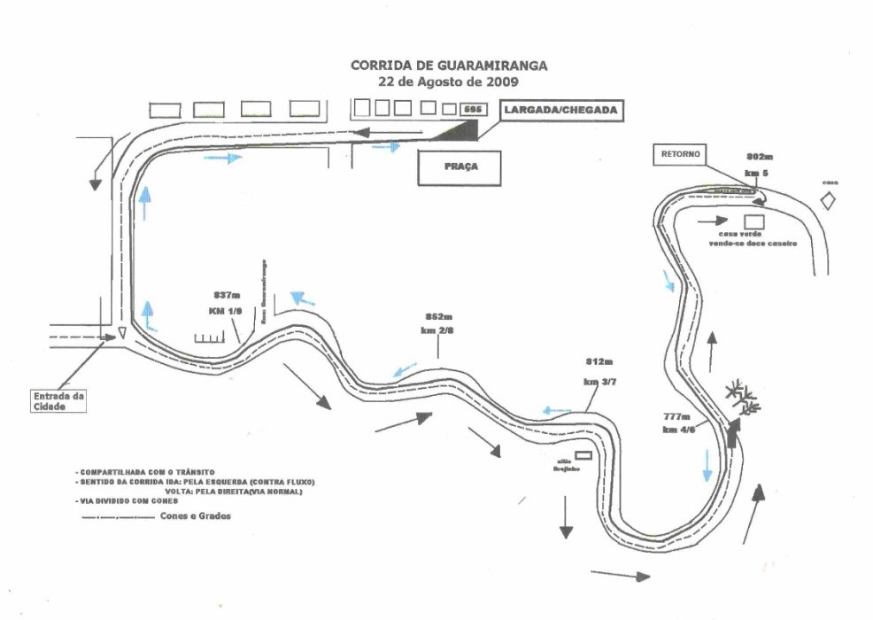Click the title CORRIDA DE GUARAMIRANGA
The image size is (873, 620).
[x=448, y=66]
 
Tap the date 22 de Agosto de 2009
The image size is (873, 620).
[x=448, y=81]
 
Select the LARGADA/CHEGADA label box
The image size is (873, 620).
[x=559, y=111]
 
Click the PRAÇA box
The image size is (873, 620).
[x=458, y=167]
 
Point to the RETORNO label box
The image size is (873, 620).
[x=680, y=153]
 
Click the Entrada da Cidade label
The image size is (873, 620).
[x=58, y=402]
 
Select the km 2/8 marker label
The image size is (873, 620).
[x=438, y=329]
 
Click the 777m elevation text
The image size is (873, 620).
[x=677, y=415]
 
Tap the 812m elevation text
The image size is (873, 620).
[x=599, y=362]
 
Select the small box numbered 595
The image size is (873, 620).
[x=474, y=109]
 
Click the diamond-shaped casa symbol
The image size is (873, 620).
[x=829, y=201]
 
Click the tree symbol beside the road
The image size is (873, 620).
[x=742, y=397]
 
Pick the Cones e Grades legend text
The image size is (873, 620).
[x=196, y=516]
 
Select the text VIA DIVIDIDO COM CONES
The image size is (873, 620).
[x=131, y=500]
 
